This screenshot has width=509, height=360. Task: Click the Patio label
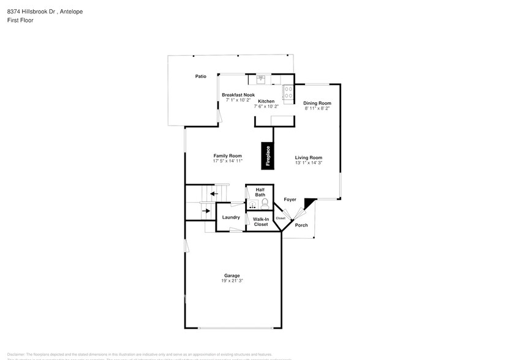pos(200,77)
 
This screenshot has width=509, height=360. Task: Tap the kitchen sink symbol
pos(260,78)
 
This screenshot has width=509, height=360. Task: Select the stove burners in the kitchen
pos(287,92)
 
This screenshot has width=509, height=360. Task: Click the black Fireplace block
pos(268,156)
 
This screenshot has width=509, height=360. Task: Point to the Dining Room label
pos(317,103)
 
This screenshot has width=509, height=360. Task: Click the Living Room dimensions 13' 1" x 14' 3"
pos(308,163)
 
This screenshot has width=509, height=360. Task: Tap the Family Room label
pos(227,156)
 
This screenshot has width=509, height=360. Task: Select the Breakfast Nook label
pos(238,95)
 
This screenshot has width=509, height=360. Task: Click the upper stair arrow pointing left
pos(212,193)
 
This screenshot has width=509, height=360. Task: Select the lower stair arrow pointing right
pos(206,210)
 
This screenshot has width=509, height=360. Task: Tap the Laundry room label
pos(230,217)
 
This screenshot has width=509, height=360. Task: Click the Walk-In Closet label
pos(260,221)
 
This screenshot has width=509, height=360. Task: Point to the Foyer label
pos(290,200)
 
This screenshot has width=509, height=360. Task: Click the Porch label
pos(301,225)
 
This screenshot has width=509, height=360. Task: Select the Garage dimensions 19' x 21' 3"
pos(232,281)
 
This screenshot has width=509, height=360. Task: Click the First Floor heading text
pos(20,20)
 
